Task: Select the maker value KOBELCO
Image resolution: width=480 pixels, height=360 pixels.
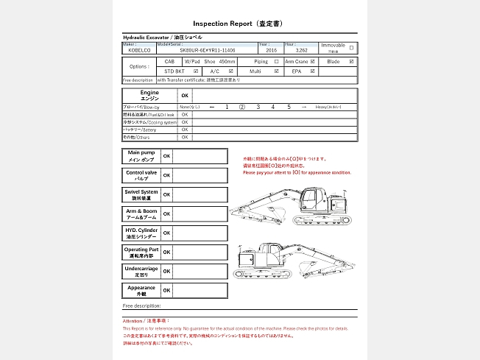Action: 138,51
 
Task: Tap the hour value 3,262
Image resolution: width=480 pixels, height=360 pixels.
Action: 291,51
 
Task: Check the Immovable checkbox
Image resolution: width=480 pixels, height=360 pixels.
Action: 351,48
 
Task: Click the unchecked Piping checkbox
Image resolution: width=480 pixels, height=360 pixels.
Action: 276,62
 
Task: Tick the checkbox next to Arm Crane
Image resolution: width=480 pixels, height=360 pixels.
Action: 313,62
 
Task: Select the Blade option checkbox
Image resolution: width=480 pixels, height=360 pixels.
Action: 352,62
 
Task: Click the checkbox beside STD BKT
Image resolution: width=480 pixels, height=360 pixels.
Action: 196,71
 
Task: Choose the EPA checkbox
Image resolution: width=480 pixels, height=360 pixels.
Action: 313,71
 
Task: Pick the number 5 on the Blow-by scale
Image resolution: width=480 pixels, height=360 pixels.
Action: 289,107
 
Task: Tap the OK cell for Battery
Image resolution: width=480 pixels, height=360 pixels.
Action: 185,130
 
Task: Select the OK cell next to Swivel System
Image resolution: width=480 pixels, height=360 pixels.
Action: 166,194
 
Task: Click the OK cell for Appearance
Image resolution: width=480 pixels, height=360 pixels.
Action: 166,290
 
